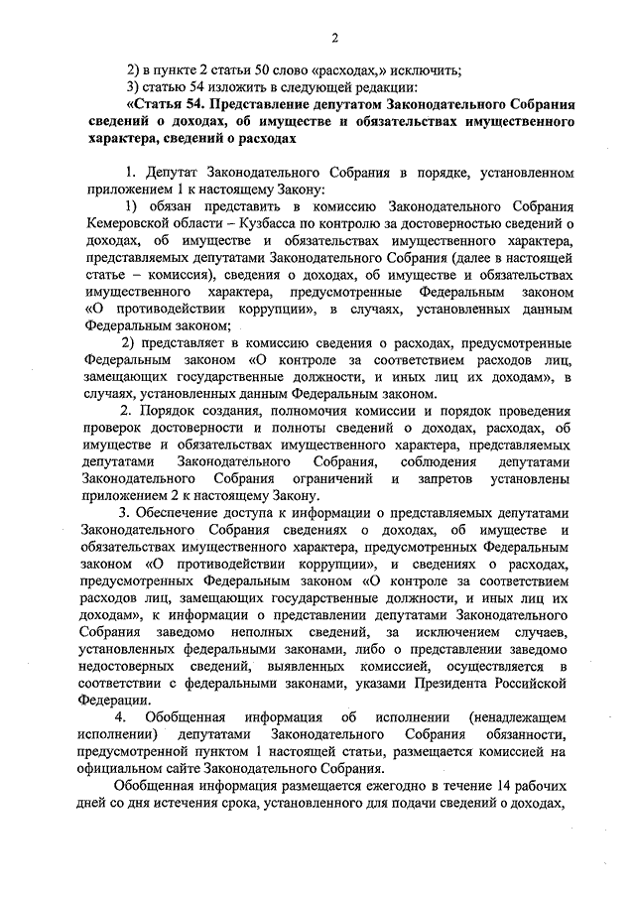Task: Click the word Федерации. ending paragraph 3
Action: click(x=108, y=701)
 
